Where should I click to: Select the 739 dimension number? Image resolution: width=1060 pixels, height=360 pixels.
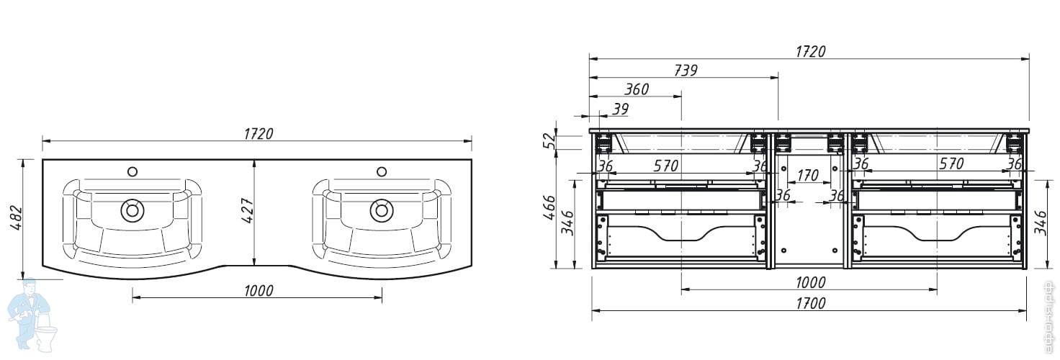coord(685,70)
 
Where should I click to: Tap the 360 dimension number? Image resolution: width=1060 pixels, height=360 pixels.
coord(636,89)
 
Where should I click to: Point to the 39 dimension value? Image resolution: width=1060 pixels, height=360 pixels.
coord(620,109)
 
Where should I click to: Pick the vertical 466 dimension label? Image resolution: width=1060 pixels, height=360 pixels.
coord(549,209)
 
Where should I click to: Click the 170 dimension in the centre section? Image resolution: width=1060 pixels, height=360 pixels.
coord(808,175)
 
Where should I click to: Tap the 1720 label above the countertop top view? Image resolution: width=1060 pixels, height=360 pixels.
coord(259,133)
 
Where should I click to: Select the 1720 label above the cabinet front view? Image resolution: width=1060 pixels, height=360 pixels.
coord(810,51)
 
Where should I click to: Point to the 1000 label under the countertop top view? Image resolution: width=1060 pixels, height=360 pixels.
coord(259,291)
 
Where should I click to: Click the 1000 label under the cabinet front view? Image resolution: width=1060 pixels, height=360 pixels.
coord(810,283)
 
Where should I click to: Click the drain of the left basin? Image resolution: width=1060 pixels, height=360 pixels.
coord(132,210)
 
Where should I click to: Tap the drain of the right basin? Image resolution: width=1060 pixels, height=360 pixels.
coord(382,210)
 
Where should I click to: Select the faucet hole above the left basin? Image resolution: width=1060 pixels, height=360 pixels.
coord(132,171)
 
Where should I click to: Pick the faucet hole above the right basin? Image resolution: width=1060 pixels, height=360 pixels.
coord(382,171)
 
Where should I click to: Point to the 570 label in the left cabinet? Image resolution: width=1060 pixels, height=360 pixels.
coord(665,166)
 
